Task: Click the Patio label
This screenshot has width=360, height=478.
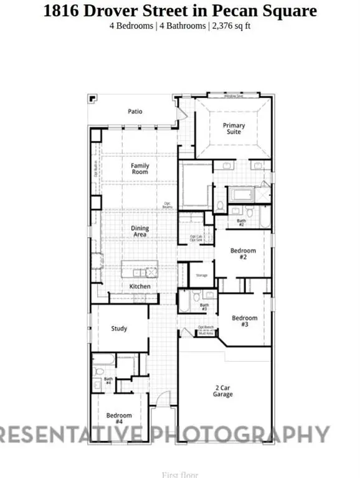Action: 135,111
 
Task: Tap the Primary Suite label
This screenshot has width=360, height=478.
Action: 234,129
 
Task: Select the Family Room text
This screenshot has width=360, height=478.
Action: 140,169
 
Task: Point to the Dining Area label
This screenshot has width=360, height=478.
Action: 140,232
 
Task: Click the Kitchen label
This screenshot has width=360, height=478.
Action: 140,286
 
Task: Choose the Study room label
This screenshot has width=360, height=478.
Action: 119,329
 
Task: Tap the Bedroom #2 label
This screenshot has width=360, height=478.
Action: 243,253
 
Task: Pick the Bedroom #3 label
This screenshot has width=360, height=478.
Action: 244,321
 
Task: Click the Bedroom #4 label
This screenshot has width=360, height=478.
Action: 118,418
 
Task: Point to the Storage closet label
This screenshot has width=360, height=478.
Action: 201,275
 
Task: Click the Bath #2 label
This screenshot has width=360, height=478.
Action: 241,222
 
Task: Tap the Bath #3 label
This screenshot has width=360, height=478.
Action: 204,307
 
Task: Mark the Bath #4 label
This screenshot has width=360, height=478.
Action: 108,380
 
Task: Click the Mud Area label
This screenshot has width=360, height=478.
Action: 206,334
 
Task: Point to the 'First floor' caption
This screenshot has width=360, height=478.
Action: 179,474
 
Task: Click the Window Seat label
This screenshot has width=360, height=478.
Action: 234,96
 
